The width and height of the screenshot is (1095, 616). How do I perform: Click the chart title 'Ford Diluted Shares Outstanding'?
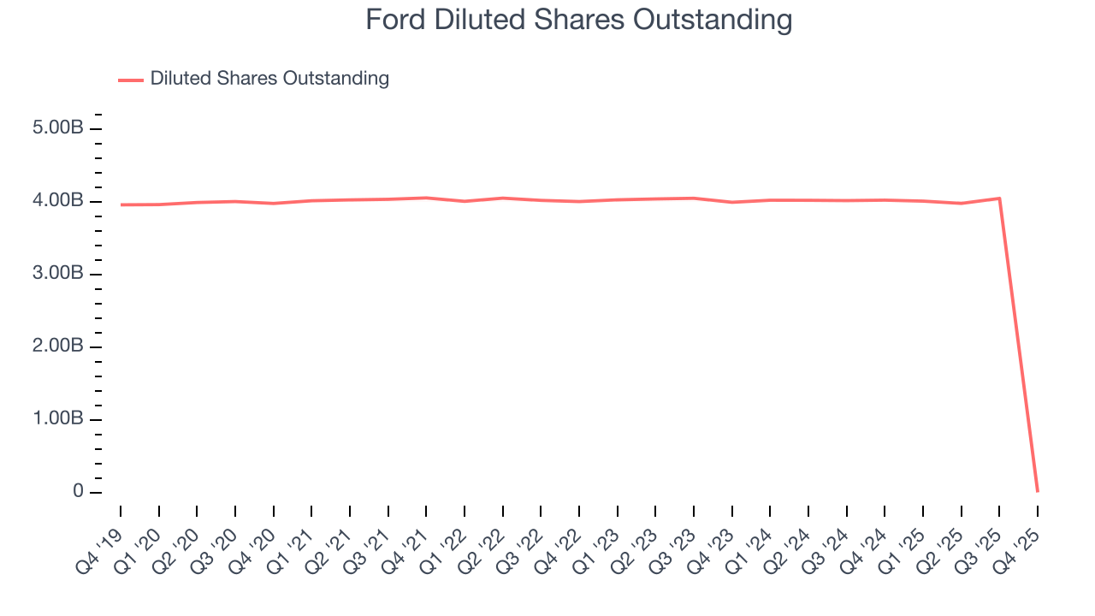tap(578, 20)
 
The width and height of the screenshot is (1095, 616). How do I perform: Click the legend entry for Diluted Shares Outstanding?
tap(269, 79)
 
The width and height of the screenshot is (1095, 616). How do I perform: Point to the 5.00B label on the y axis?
tap(58, 128)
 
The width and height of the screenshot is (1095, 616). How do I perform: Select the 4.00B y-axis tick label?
tap(58, 201)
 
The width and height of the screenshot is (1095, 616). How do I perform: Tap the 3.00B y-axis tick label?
tap(58, 274)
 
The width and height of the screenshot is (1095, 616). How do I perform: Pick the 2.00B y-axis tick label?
tap(58, 346)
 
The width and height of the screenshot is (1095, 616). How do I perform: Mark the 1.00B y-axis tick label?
tap(58, 419)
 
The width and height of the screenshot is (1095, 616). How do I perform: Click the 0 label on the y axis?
tap(78, 492)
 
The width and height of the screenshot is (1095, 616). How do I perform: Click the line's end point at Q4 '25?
tap(1038, 491)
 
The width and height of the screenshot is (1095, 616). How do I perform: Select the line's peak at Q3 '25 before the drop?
tap(999, 198)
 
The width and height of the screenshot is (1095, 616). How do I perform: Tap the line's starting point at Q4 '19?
tap(121, 204)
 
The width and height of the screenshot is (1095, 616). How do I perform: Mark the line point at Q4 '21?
tap(426, 198)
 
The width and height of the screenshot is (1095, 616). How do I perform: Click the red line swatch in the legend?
tap(131, 80)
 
